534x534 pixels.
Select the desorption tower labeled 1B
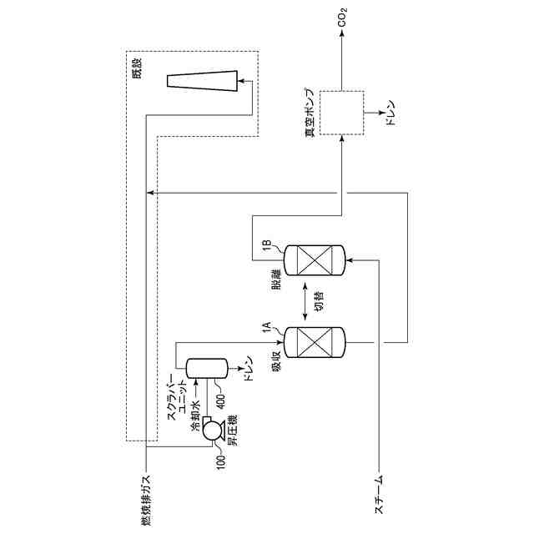point(314,259)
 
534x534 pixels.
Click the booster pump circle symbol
point(211,429)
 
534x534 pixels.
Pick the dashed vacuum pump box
point(342,111)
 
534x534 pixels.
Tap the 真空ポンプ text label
point(309,111)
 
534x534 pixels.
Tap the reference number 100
point(220,458)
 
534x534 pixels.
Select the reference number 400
point(220,395)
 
